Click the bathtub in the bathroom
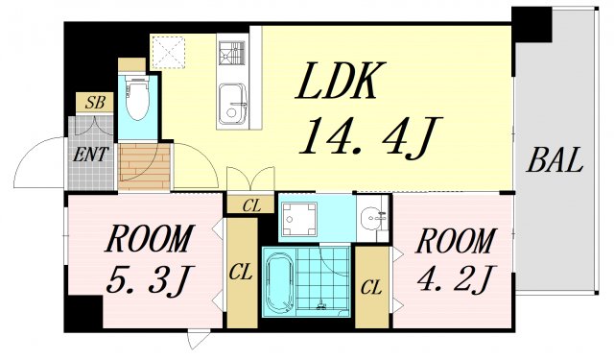point(281,281)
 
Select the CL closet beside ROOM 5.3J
point(242,275)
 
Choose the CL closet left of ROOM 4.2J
point(372,285)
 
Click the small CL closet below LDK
point(250,204)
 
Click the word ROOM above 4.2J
point(456,240)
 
